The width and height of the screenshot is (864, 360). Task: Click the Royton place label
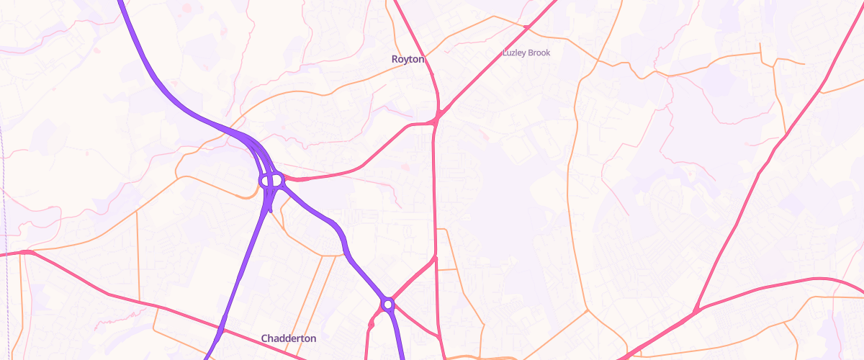click(x=408, y=59)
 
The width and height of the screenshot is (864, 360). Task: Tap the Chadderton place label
click(x=288, y=338)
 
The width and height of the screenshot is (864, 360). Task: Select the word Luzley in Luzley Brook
click(x=514, y=53)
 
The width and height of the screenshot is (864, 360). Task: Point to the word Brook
click(x=539, y=53)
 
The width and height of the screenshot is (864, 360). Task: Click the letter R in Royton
click(x=395, y=59)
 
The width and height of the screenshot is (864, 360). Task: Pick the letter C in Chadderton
click(x=265, y=338)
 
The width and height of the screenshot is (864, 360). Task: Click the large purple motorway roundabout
click(x=271, y=179)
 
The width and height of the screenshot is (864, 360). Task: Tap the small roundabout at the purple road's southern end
click(x=388, y=305)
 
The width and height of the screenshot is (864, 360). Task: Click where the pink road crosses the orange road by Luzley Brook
click(x=526, y=27)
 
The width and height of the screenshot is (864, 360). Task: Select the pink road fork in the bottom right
click(x=695, y=311)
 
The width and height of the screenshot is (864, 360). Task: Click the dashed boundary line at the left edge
click(x=4, y=180)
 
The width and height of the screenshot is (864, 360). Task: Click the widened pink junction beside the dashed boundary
click(x=27, y=252)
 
